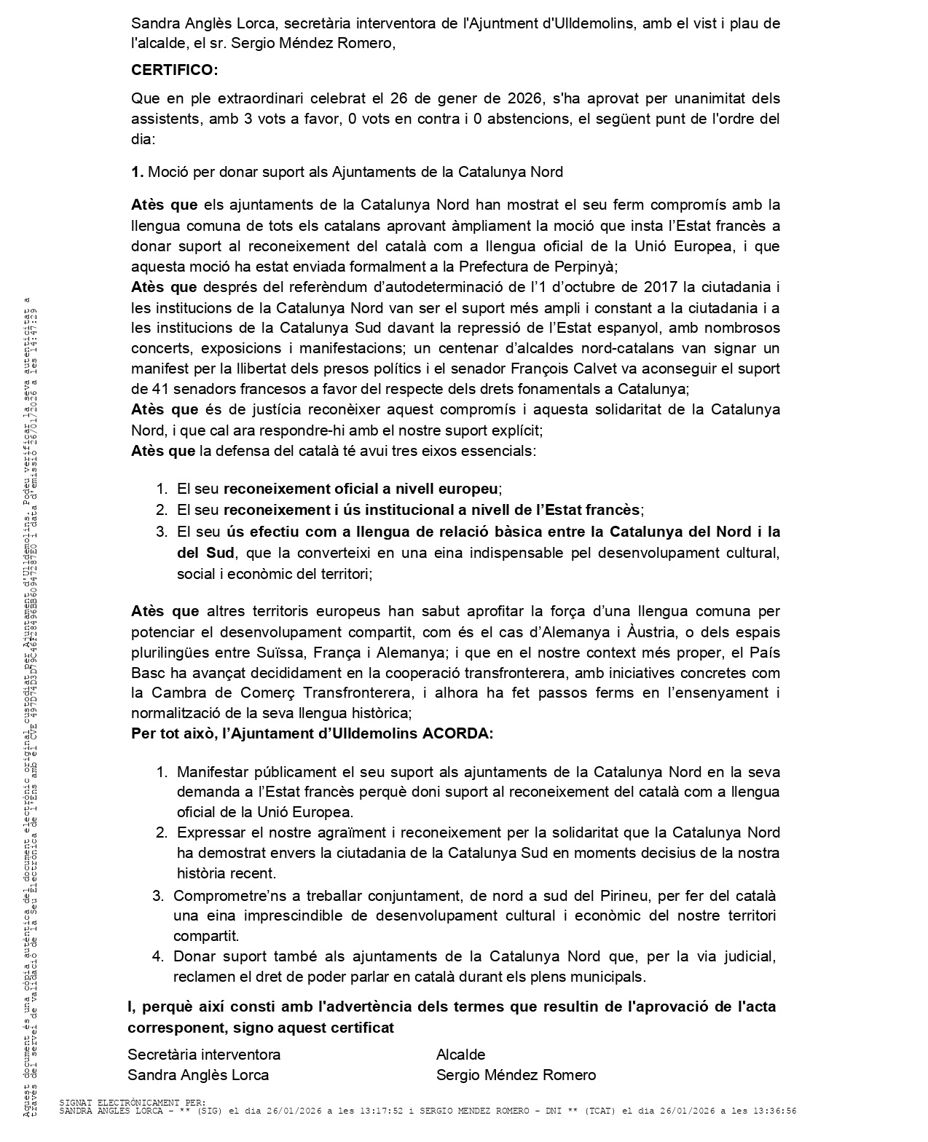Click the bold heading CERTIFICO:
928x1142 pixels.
point(174,70)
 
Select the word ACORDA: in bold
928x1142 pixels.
point(457,733)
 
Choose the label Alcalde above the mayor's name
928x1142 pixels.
point(460,1054)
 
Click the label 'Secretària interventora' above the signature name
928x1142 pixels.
point(204,1054)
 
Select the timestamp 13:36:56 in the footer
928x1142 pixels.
point(775,1111)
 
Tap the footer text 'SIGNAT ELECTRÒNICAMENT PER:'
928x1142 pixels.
point(132,1103)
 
